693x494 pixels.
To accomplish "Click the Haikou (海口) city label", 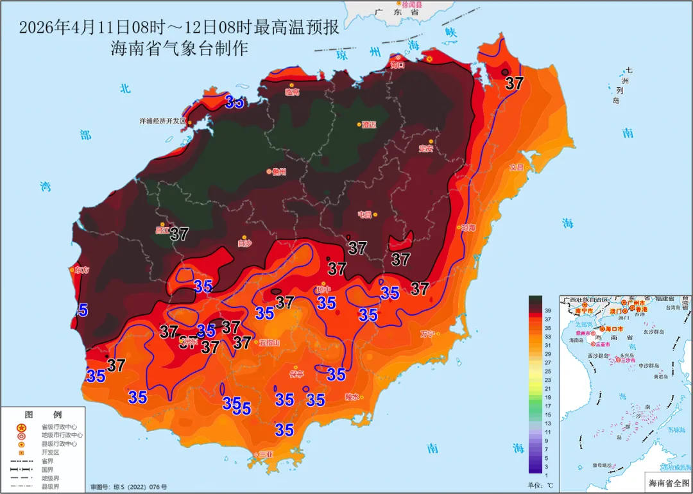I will click(398, 65).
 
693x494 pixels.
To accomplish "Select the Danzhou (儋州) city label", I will click(278, 171).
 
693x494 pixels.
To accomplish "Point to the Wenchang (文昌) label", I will click(517, 167).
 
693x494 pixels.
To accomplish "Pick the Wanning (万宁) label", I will click(427, 334).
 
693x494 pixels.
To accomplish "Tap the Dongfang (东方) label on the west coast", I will click(81, 270).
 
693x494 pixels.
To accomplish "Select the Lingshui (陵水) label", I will click(352, 396).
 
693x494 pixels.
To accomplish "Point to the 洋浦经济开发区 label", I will click(162, 121).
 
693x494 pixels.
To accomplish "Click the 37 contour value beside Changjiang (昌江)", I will click(179, 234).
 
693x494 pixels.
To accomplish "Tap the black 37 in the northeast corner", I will click(514, 83).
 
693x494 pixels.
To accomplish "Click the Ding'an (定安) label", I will click(426, 148).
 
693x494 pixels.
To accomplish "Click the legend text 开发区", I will click(51, 452).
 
